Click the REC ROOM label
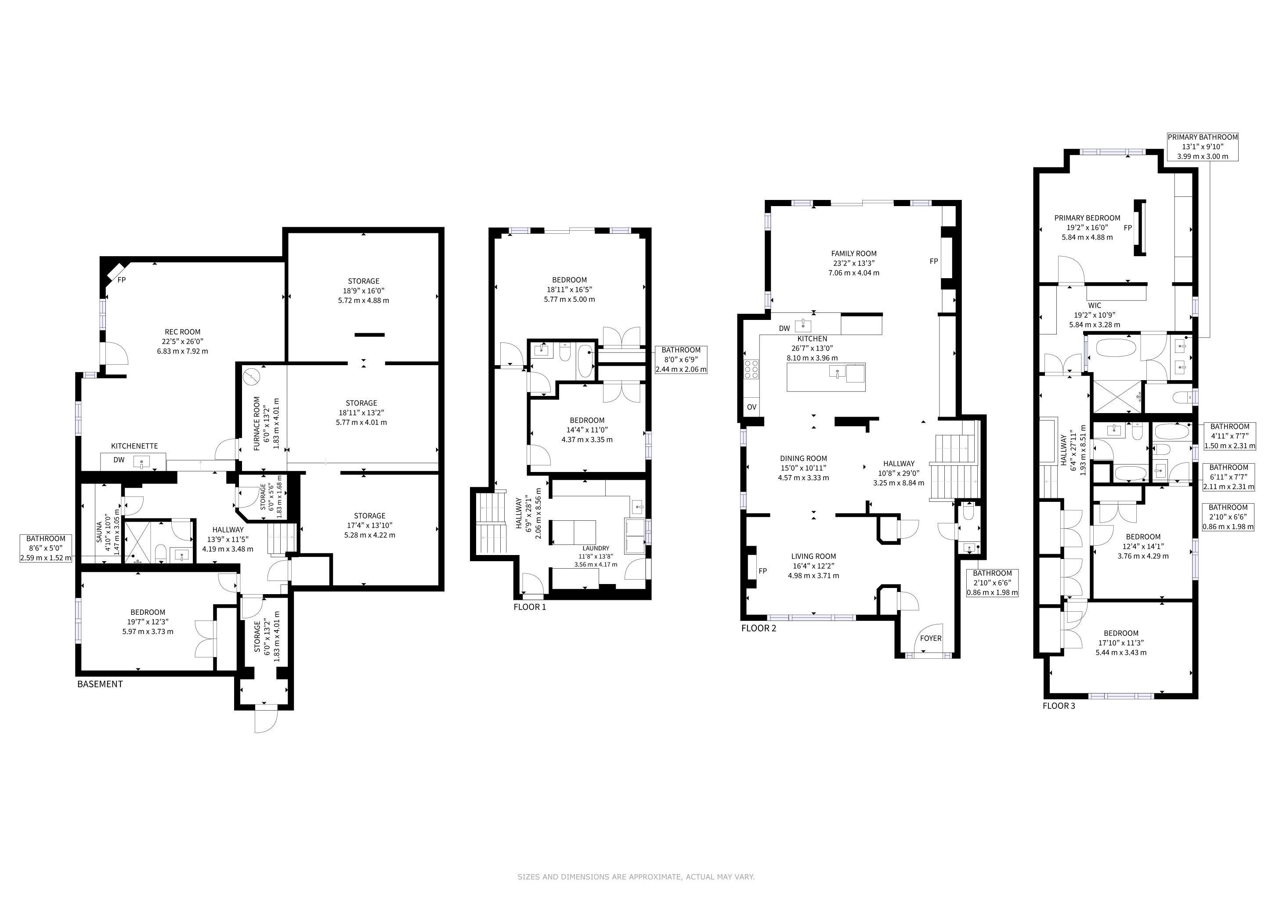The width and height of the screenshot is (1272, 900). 182,332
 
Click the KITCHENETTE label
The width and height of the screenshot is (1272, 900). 135,446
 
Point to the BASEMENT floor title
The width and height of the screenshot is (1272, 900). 100,684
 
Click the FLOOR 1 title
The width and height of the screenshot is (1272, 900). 530,607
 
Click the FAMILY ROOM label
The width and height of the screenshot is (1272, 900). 854,253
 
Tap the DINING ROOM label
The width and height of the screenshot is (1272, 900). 803,458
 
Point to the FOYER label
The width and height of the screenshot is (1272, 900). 931,638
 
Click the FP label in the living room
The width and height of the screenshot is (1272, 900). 763,571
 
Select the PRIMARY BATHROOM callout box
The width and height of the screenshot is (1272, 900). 1202,147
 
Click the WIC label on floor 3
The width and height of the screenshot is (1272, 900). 1095,305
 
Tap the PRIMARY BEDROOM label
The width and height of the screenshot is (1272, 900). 1087,218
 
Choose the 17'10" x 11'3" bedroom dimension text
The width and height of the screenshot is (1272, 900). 1121,643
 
